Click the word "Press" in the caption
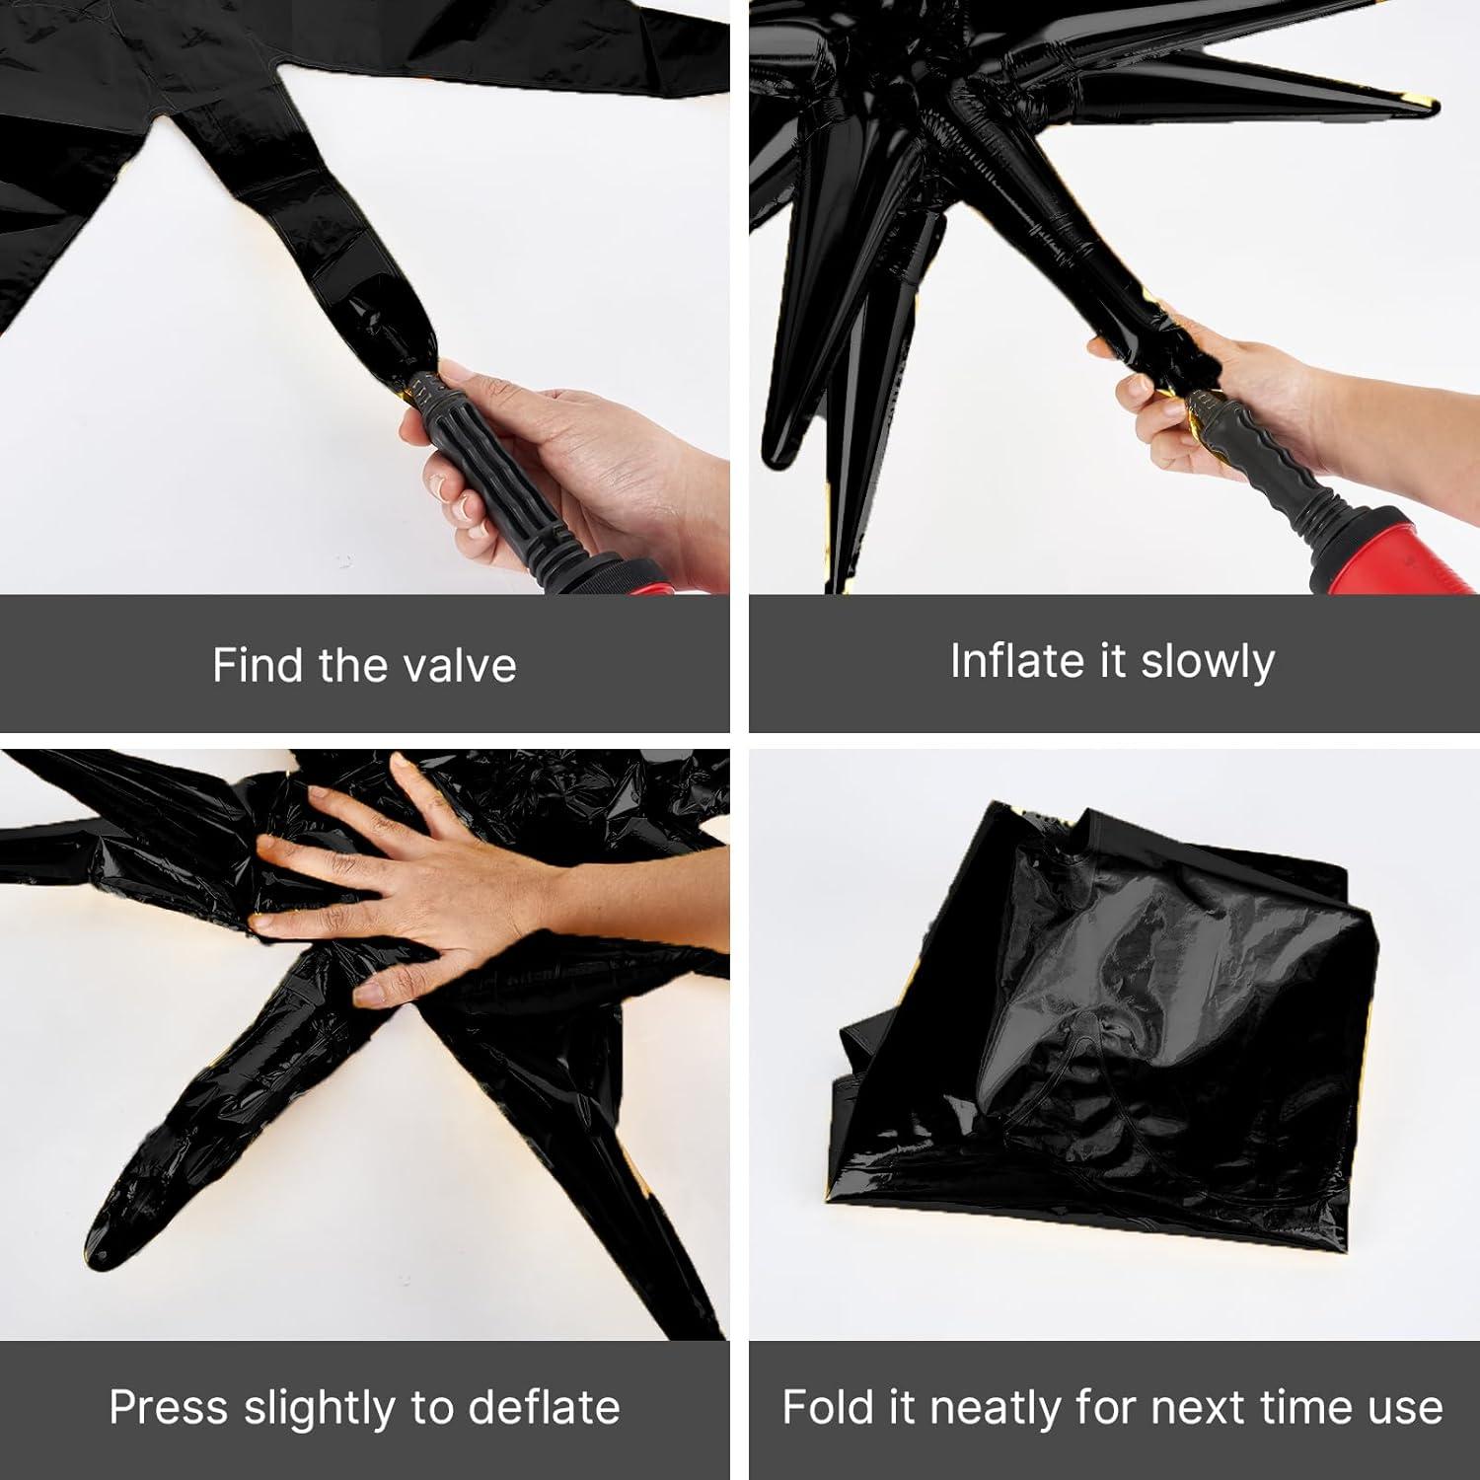tap(170, 1407)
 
